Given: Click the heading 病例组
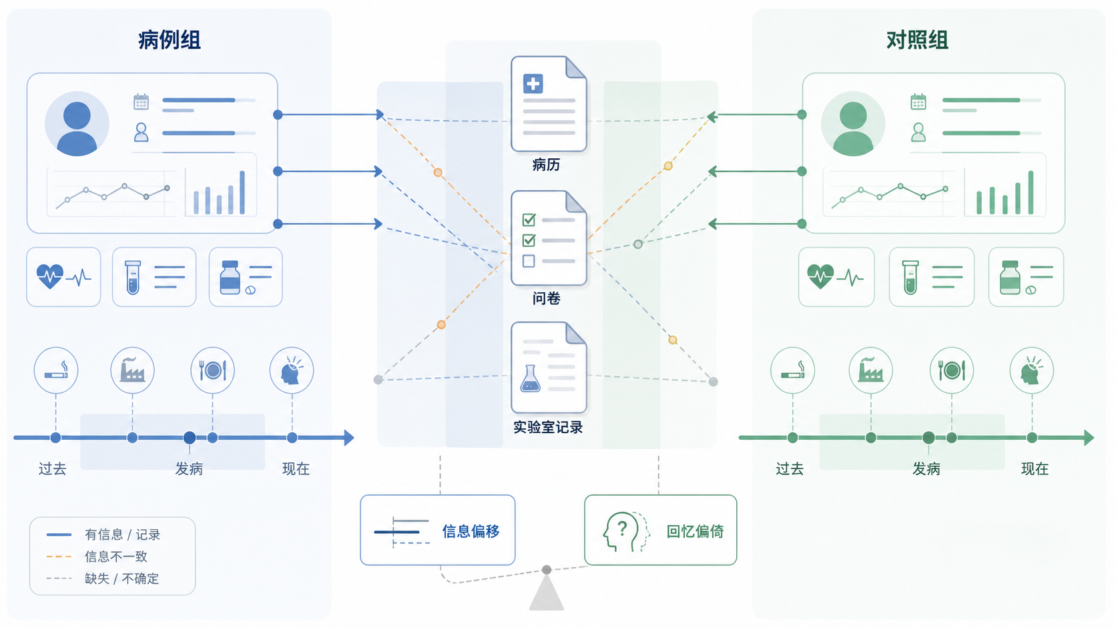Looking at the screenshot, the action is click(x=170, y=40).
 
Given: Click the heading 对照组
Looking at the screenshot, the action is click(x=917, y=40).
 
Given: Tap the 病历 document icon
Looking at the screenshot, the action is click(x=549, y=103).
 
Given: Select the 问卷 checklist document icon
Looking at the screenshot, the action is click(x=549, y=238).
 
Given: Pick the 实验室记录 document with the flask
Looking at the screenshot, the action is click(x=549, y=368).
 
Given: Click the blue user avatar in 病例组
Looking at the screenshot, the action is click(x=77, y=123).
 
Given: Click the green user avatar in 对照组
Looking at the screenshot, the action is click(x=853, y=123).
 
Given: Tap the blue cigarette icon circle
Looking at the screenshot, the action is click(x=56, y=370).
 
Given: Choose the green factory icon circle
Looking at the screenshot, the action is click(x=870, y=370).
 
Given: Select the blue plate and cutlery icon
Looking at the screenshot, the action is click(x=213, y=370).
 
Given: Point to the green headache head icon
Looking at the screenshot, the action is click(x=1031, y=370).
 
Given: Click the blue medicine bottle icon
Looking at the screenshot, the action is click(x=230, y=278).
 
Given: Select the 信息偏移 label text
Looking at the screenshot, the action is click(x=471, y=531).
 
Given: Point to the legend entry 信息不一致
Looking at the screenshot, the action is click(x=116, y=557).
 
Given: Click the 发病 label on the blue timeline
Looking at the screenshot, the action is click(x=189, y=468).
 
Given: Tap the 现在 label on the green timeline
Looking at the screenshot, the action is click(x=1035, y=468).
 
